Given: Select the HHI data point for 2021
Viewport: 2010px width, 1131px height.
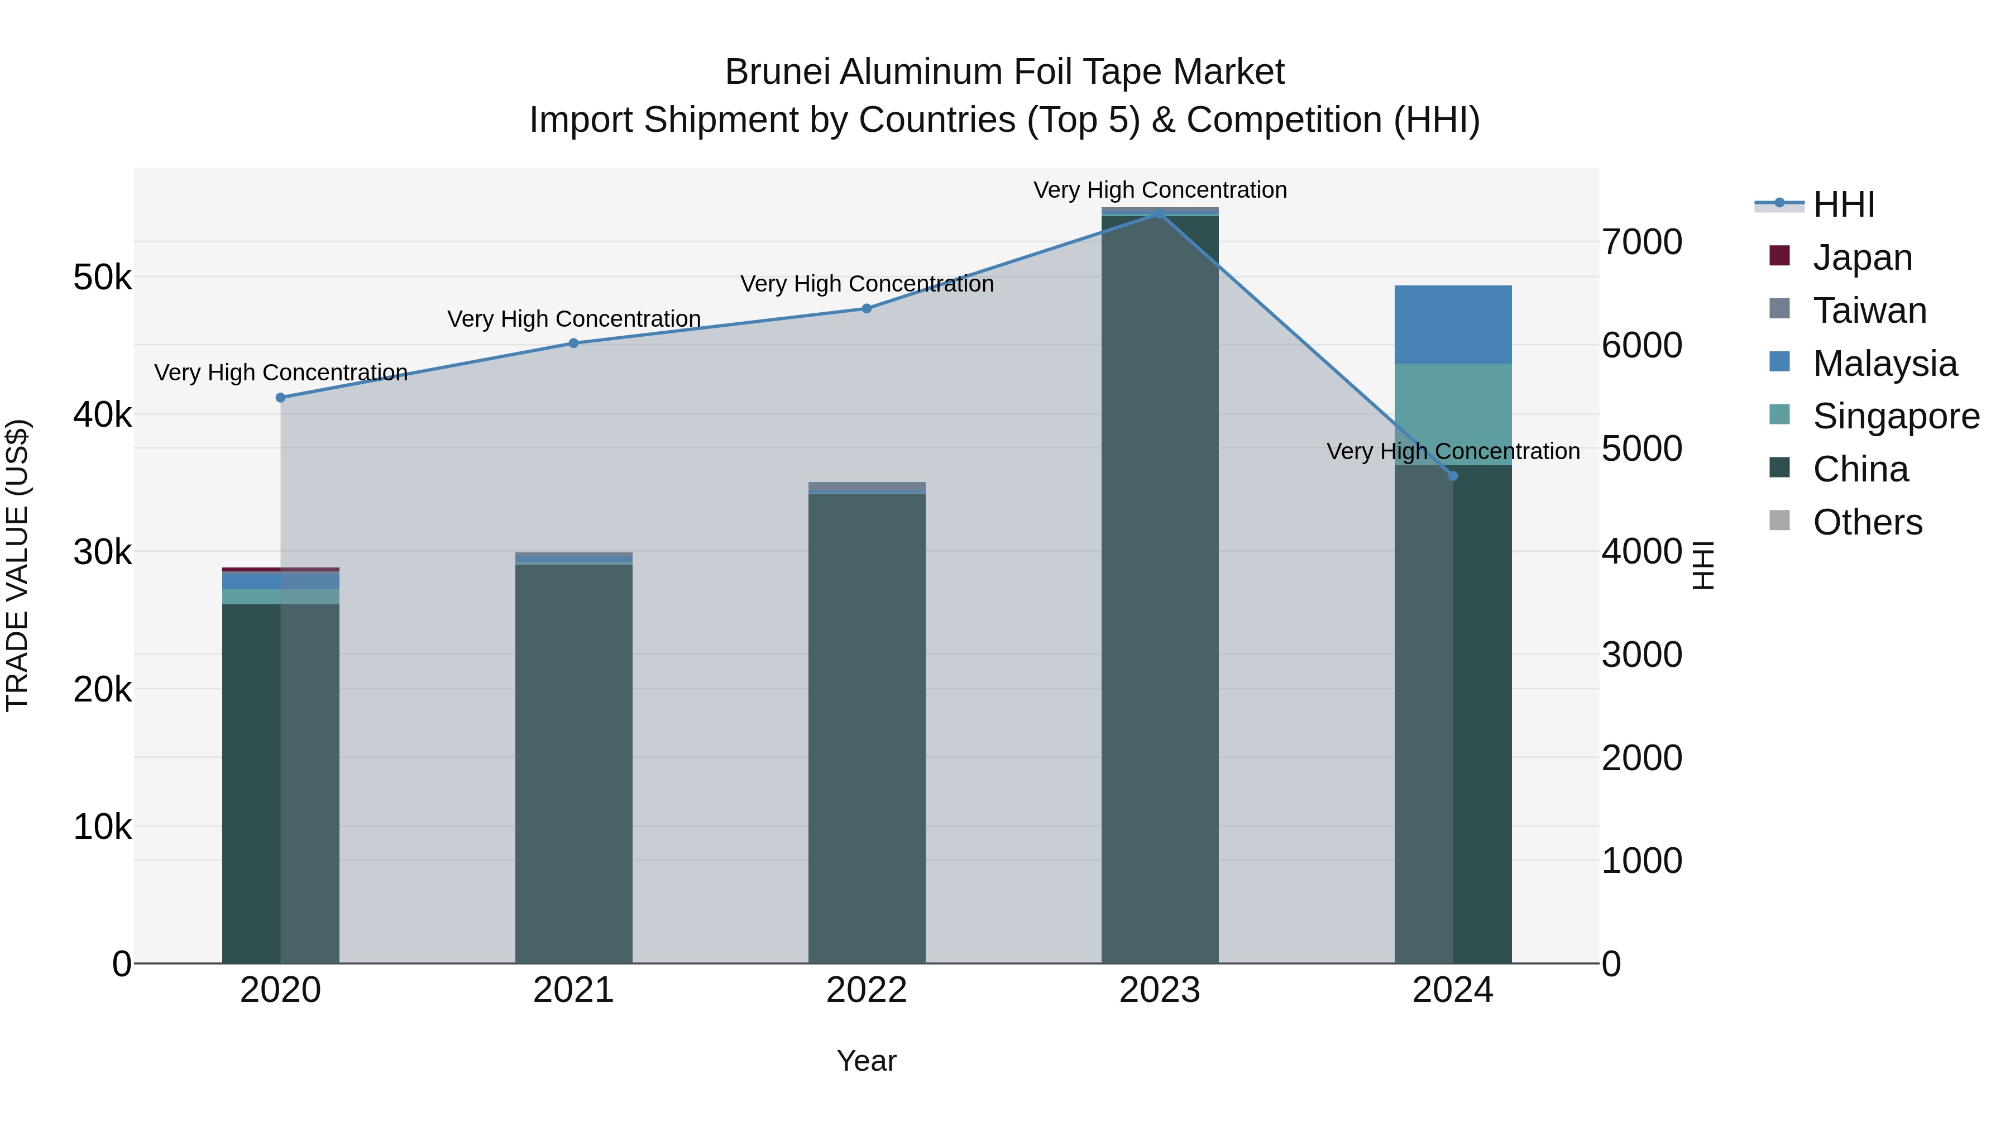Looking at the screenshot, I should click(573, 343).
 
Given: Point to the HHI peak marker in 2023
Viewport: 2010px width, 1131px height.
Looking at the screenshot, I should click(1160, 213).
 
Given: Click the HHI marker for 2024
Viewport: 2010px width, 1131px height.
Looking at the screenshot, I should click(1452, 476).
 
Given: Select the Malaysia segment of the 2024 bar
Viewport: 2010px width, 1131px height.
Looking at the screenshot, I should click(1453, 324).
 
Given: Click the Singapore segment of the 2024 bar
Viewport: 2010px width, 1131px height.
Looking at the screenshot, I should click(1453, 414).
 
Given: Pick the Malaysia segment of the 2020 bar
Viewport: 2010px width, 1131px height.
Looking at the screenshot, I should click(281, 581).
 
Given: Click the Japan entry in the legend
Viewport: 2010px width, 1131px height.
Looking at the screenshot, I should click(1861, 257).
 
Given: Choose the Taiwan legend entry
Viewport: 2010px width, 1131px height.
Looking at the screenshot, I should click(1869, 311).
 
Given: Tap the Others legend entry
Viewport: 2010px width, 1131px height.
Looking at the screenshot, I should click(1867, 522).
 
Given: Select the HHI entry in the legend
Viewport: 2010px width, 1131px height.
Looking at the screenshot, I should click(1843, 204).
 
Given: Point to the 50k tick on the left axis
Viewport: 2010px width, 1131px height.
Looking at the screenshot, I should click(102, 277).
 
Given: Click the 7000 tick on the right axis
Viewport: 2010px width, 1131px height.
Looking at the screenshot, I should click(1641, 242).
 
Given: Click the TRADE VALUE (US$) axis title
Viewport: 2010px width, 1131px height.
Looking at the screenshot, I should click(17, 565).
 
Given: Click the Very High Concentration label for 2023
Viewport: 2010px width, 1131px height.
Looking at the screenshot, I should click(1160, 190).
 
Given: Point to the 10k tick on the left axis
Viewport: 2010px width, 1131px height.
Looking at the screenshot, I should click(102, 827).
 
